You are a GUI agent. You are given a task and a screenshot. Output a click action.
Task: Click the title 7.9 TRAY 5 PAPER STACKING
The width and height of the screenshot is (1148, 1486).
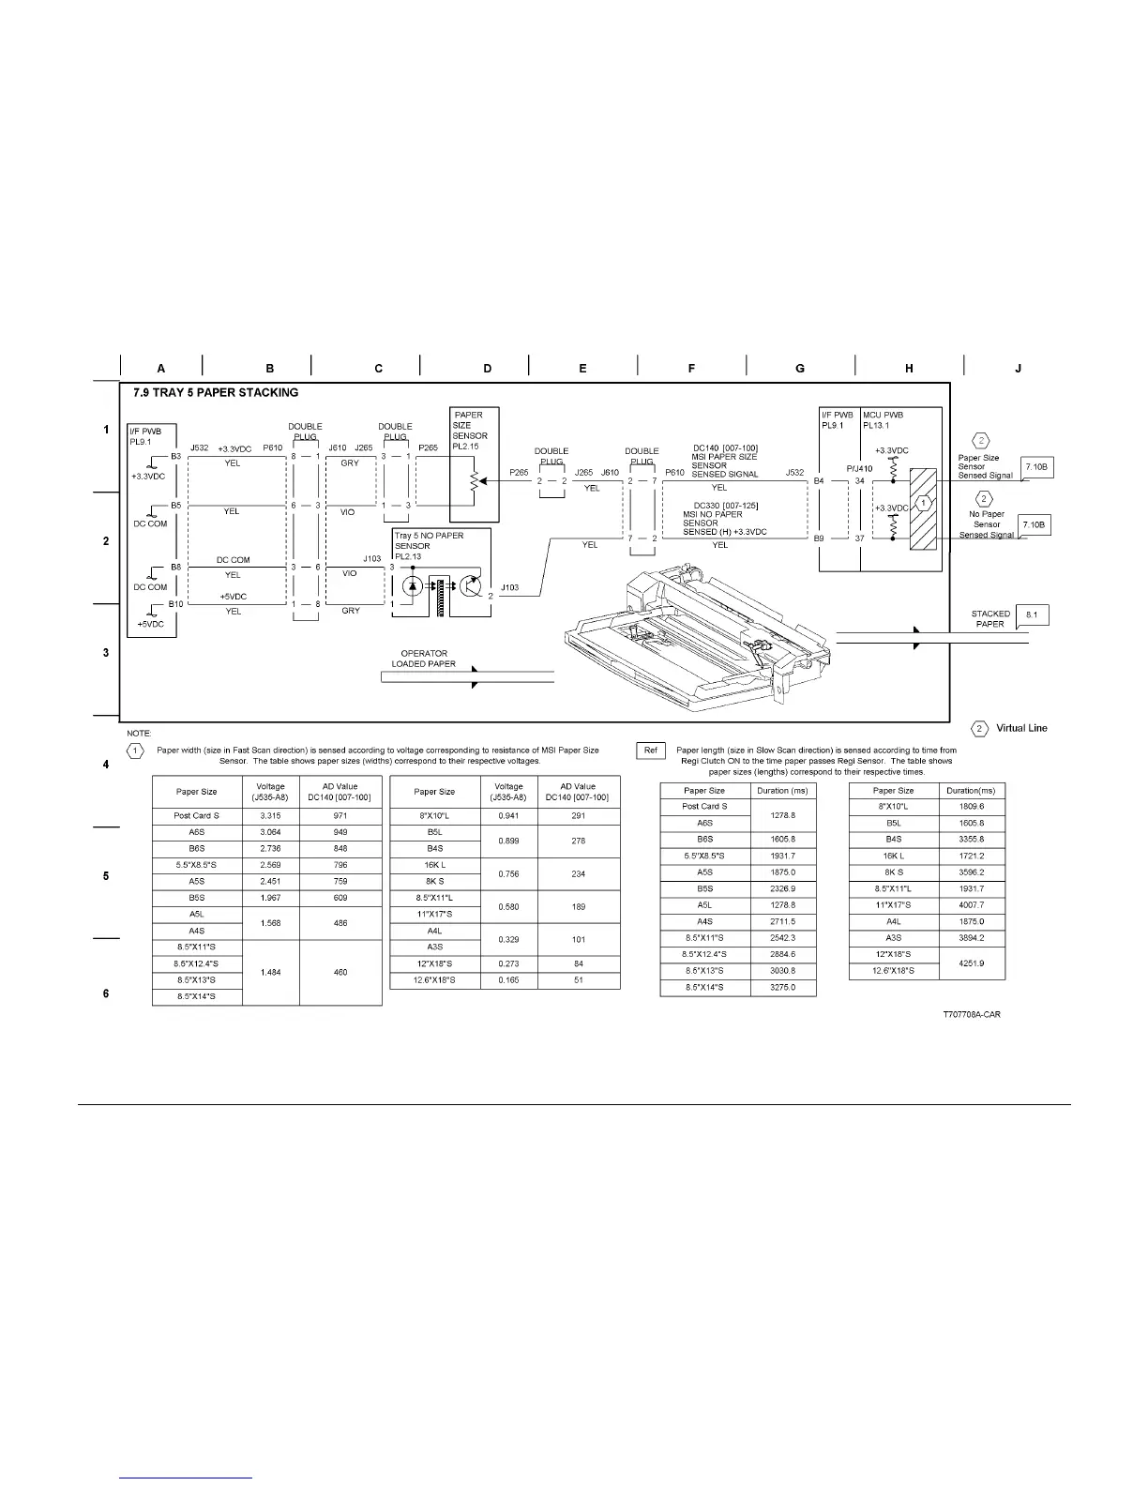pyautogui.click(x=216, y=392)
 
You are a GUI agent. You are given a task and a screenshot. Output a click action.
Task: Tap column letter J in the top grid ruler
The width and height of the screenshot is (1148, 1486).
pyautogui.click(x=1019, y=369)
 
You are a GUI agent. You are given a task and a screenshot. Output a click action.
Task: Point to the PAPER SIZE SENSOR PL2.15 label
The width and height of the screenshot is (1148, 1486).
pyautogui.click(x=470, y=431)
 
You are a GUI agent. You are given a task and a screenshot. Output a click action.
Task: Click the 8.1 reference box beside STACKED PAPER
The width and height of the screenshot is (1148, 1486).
pyautogui.click(x=1033, y=615)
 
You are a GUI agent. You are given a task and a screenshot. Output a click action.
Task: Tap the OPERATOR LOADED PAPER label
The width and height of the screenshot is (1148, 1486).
pyautogui.click(x=424, y=659)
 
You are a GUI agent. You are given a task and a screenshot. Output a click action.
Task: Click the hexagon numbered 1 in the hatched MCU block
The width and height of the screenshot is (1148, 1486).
pyautogui.click(x=924, y=503)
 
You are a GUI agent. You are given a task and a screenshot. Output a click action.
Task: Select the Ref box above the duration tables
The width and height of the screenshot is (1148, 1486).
pyautogui.click(x=651, y=751)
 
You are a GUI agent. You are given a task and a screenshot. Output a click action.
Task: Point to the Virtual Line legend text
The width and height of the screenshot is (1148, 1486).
pyautogui.click(x=1021, y=729)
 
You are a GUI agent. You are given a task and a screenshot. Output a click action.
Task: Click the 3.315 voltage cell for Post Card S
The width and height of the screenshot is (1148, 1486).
pyautogui.click(x=271, y=816)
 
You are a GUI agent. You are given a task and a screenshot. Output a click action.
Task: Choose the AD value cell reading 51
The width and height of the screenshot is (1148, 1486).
pyautogui.click(x=579, y=980)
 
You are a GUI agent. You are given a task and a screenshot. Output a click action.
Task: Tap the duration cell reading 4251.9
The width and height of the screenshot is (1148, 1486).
pyautogui.click(x=972, y=963)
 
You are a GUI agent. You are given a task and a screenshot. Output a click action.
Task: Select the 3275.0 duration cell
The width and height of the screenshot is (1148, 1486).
pyautogui.click(x=783, y=988)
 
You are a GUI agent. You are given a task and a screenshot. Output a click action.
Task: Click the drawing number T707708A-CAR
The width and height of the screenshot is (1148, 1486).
pyautogui.click(x=971, y=1015)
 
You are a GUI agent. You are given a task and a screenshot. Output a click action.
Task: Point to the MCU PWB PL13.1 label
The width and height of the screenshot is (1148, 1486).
pyautogui.click(x=884, y=419)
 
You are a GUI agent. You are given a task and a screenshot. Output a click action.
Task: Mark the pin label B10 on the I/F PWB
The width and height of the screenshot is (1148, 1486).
pyautogui.click(x=175, y=604)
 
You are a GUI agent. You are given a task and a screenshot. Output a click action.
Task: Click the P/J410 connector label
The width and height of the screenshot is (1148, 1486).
pyautogui.click(x=859, y=469)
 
